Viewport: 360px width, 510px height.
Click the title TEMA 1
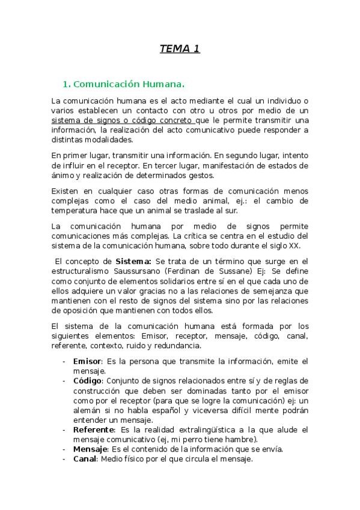pos(180,49)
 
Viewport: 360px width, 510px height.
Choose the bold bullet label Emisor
pos(88,361)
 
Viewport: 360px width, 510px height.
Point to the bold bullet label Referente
pos(94,429)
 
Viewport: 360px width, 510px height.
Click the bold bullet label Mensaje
pos(90,449)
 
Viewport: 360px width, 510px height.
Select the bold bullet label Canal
pos(85,459)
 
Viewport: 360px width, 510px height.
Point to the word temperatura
pos(75,210)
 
